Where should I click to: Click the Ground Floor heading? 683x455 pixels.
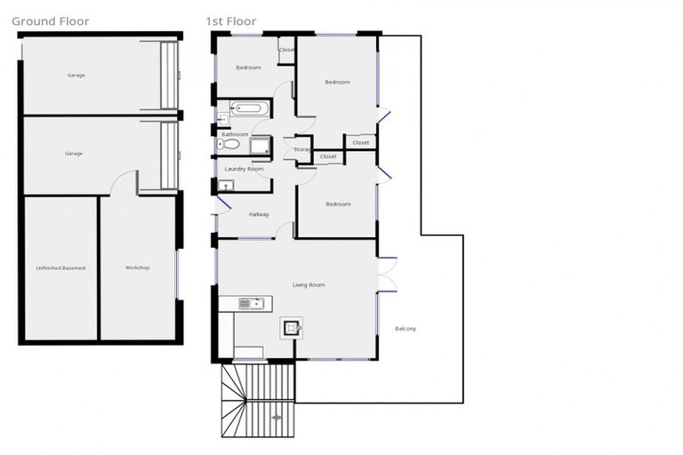coord(50,21)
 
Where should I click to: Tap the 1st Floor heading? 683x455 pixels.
coord(230,21)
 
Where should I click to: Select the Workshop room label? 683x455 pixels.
coord(137,267)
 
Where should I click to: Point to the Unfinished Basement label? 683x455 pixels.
coord(60,267)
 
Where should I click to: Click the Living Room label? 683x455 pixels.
coord(309,285)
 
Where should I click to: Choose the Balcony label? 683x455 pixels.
coord(405,329)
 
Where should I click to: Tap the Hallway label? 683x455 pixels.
coord(259,214)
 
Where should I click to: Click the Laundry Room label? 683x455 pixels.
coord(244,169)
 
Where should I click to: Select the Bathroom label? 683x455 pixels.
coord(235,134)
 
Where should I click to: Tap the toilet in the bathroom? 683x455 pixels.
coord(229,144)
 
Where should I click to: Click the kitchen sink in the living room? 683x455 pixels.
coord(253,304)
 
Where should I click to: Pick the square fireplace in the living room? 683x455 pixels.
coord(291,328)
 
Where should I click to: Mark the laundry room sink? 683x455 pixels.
coord(226,186)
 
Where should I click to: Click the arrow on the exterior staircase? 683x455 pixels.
coord(276,416)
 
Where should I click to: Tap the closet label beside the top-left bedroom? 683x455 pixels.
coord(286,50)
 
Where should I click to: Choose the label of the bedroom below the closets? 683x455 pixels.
coord(338,204)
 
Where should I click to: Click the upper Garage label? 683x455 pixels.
coord(76,76)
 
